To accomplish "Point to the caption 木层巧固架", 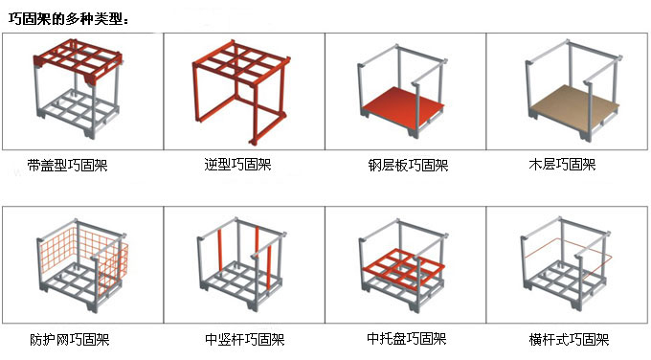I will click(x=562, y=165).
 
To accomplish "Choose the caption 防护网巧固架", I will click(x=69, y=339).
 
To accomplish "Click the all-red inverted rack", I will click(x=239, y=91).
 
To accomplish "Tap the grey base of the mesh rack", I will click(x=81, y=291).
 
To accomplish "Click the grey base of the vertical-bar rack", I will click(x=239, y=291).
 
